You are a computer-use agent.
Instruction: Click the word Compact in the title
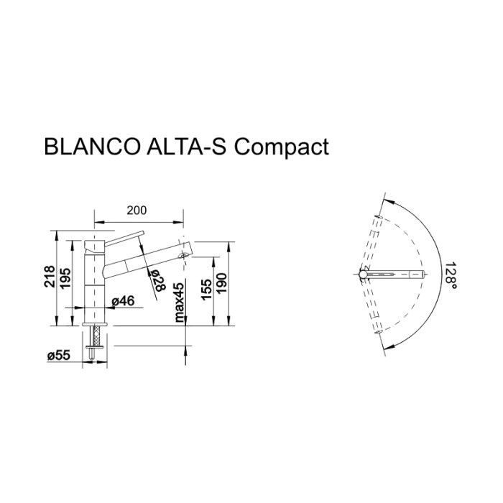pyautogui.click(x=282, y=147)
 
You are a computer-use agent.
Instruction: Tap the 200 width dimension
pyautogui.click(x=137, y=210)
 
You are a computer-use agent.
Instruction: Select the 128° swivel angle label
pyautogui.click(x=451, y=274)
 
